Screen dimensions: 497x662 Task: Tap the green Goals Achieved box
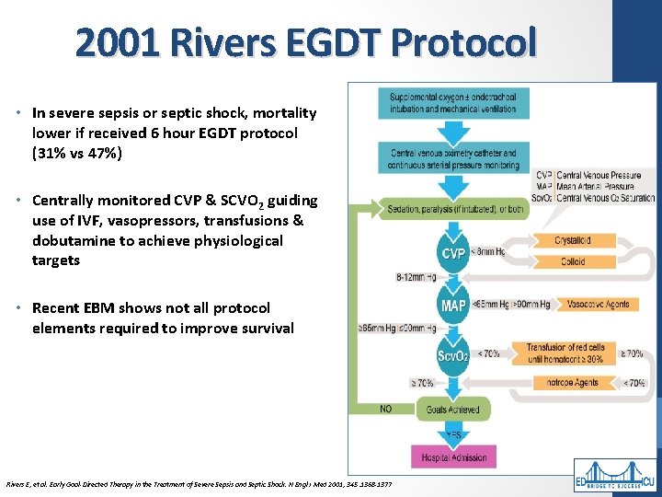point(453,409)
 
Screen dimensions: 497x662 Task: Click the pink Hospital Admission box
point(453,456)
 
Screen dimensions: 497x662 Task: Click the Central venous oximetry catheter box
point(453,158)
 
